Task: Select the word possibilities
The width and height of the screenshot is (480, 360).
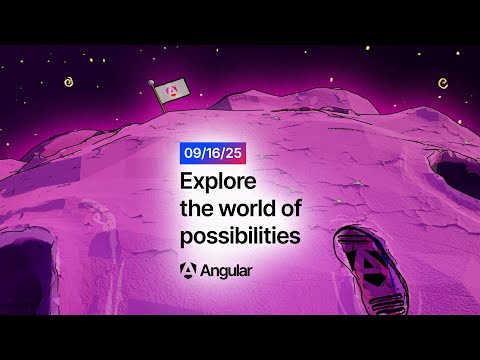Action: point(239,237)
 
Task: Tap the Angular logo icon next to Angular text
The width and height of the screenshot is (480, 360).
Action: point(189,270)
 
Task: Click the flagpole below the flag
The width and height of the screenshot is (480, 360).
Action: point(158,100)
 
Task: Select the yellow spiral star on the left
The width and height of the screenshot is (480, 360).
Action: point(70,85)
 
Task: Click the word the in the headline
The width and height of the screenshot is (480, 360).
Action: point(197,209)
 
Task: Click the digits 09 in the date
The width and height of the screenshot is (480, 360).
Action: point(190,154)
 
